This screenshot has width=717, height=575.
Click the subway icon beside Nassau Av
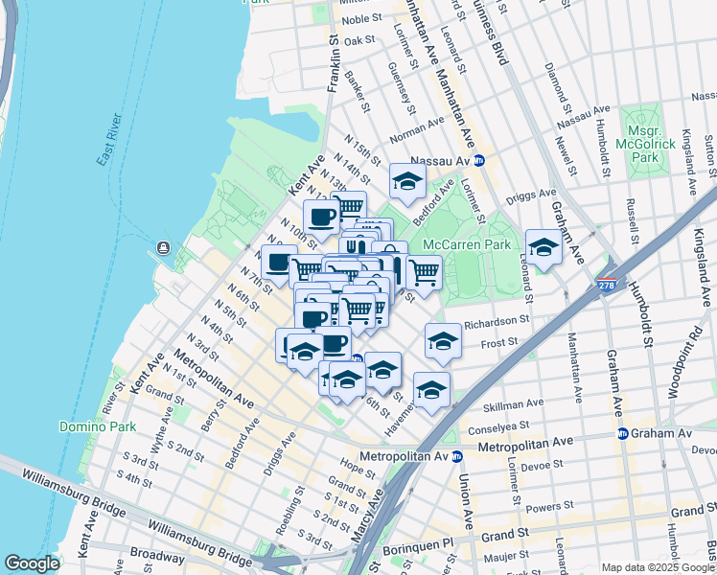click(x=479, y=160)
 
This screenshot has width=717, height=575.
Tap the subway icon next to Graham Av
click(x=621, y=433)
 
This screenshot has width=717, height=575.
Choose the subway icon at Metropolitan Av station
click(x=457, y=456)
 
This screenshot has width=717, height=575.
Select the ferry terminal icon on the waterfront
click(x=164, y=249)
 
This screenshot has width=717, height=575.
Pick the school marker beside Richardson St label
click(x=443, y=340)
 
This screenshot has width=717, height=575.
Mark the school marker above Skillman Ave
click(x=431, y=388)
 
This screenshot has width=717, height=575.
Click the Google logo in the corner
click(x=33, y=563)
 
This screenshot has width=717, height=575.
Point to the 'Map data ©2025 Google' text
click(x=658, y=567)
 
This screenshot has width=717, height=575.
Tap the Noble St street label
click(x=361, y=19)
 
